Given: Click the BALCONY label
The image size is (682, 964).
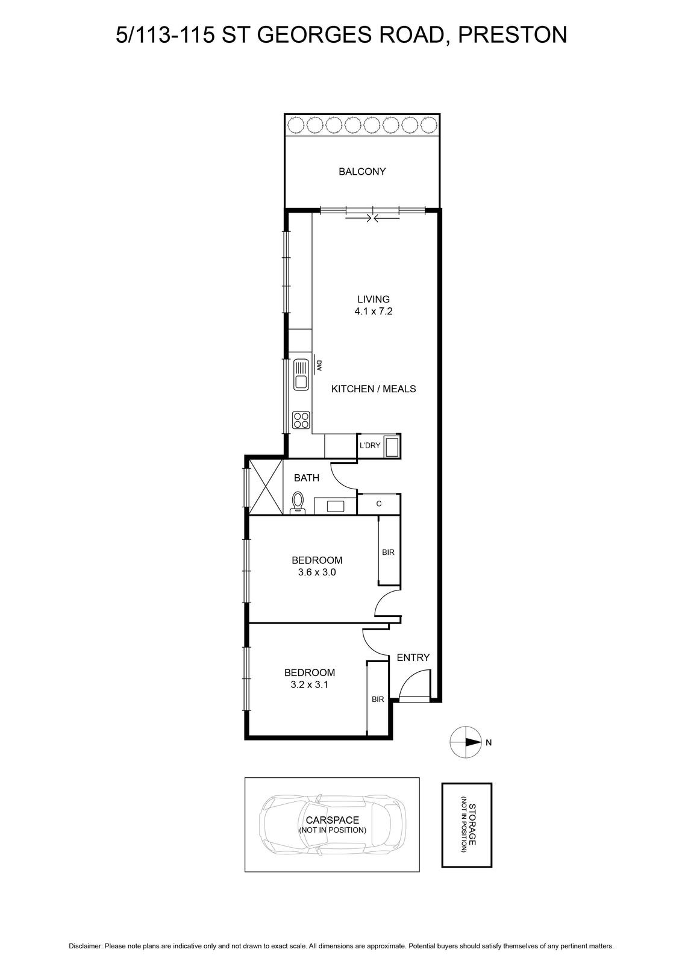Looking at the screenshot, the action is [x=362, y=171].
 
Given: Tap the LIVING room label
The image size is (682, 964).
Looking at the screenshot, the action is [x=374, y=299].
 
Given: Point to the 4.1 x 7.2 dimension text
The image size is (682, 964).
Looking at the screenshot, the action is [x=374, y=311].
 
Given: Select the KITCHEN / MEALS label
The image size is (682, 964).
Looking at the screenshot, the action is [x=374, y=389].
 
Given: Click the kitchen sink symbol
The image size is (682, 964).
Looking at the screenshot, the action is [x=301, y=375].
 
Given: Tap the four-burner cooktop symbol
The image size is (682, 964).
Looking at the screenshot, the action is [x=301, y=420].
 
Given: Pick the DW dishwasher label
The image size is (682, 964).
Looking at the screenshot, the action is [x=319, y=366].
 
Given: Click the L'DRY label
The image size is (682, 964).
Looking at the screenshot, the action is [x=370, y=445].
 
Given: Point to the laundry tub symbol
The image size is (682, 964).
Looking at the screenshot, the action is [x=392, y=446].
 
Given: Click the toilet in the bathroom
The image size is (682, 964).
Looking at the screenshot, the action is [x=298, y=502].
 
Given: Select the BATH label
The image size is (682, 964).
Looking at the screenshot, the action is [x=307, y=478].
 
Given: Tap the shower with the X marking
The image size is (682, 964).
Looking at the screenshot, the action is [x=266, y=487].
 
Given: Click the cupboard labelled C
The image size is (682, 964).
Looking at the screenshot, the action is [x=378, y=504].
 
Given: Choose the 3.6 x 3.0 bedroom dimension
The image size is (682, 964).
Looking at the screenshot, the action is [x=317, y=572].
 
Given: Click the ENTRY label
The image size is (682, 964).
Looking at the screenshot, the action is [x=413, y=657].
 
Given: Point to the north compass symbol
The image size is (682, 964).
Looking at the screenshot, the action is [x=466, y=742].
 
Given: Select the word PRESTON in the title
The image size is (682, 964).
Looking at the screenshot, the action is [x=513, y=35].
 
